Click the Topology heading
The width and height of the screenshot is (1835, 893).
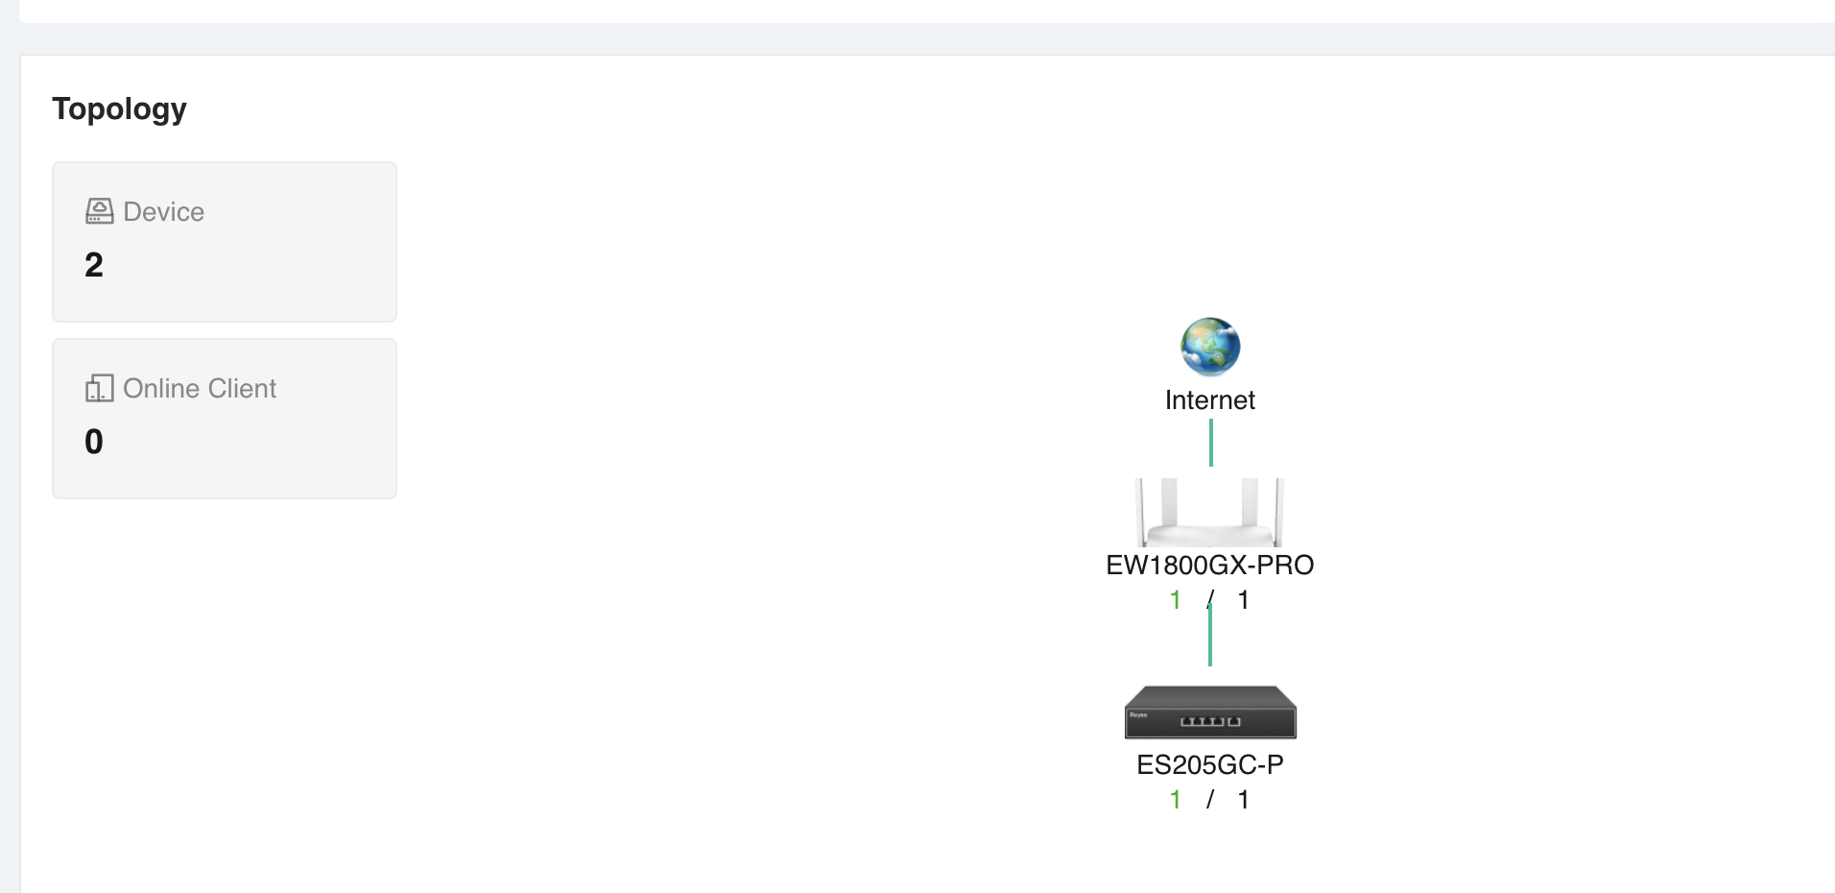(x=119, y=109)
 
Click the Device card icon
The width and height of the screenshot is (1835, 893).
(x=99, y=211)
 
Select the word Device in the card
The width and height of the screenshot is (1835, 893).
(x=164, y=211)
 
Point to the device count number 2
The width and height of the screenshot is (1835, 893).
(x=94, y=265)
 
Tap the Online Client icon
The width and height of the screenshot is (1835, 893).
(x=99, y=388)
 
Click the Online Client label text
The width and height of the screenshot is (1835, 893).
(x=200, y=388)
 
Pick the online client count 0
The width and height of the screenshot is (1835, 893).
(x=94, y=442)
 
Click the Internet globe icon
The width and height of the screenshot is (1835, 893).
(x=1210, y=347)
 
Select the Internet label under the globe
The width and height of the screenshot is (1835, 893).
(x=1210, y=400)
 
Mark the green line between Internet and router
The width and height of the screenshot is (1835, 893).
(x=1211, y=443)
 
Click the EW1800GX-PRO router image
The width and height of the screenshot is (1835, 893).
(x=1209, y=513)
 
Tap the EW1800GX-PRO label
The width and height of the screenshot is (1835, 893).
(x=1210, y=565)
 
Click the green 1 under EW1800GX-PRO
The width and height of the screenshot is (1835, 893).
(x=1176, y=600)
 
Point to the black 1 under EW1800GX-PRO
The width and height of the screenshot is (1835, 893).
(x=1244, y=600)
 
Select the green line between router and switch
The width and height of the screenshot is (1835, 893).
(x=1210, y=634)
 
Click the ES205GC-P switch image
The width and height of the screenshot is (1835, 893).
(x=1210, y=712)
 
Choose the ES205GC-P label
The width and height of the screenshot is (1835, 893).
(x=1210, y=764)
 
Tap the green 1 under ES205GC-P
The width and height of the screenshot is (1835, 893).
(x=1176, y=800)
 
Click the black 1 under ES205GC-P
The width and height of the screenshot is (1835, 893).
(x=1244, y=800)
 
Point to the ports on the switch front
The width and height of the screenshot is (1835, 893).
(x=1210, y=721)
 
